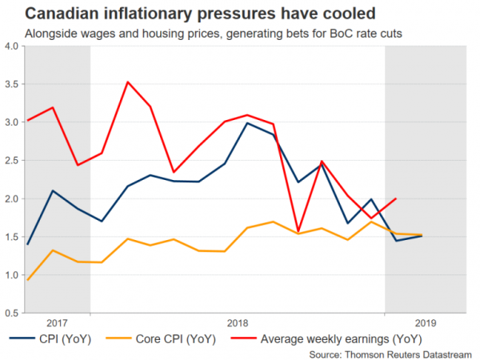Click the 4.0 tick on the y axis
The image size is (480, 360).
pyautogui.click(x=11, y=46)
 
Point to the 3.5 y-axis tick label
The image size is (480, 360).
pyautogui.click(x=11, y=84)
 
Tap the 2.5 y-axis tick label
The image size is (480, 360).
pyautogui.click(x=11, y=160)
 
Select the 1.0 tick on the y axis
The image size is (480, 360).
pyautogui.click(x=11, y=275)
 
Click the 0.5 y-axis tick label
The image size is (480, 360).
pyautogui.click(x=11, y=313)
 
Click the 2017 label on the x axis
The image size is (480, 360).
pyautogui.click(x=57, y=322)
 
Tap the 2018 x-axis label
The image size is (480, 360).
pyautogui.click(x=237, y=322)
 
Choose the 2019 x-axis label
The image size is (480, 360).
pyautogui.click(x=426, y=322)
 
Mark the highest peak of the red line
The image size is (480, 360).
pyautogui.click(x=128, y=82)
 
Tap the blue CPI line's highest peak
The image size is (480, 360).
pyautogui.click(x=248, y=122)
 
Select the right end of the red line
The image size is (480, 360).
pyautogui.click(x=396, y=198)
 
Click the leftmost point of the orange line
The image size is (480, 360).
pyautogui.click(x=29, y=279)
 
